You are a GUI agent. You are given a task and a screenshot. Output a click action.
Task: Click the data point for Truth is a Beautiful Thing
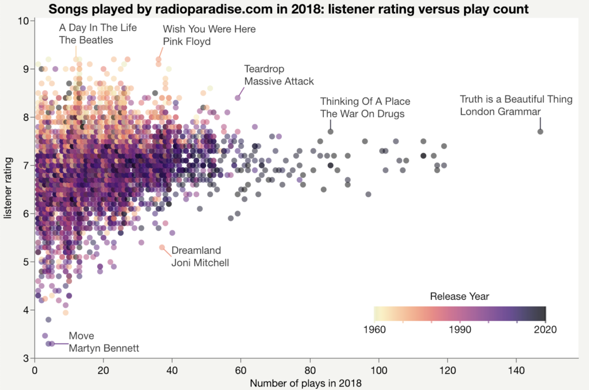point(540,132)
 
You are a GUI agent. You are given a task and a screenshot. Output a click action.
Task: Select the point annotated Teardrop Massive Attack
point(238,98)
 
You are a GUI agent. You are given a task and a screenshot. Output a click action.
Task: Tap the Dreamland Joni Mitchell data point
point(162,247)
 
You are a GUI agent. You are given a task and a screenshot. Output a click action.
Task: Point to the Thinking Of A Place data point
point(330,132)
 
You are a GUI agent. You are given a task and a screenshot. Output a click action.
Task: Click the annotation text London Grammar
point(500,111)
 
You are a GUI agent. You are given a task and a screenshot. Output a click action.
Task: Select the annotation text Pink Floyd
point(187,41)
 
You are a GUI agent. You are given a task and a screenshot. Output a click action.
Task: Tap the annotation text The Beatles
point(86,40)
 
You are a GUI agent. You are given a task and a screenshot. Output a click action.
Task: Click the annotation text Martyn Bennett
point(104,348)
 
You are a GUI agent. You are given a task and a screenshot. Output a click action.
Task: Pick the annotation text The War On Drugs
point(362,114)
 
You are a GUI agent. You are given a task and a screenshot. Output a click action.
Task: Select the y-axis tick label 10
point(24,21)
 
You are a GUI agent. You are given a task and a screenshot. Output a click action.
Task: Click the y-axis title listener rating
point(8,190)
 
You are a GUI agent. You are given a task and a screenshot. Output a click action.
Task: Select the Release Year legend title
point(460,297)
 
